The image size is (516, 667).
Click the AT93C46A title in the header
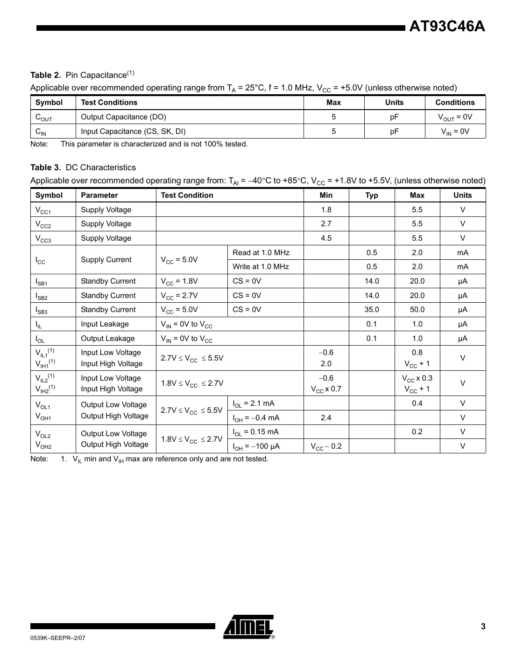coord(447,27)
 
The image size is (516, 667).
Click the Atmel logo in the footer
coord(248,626)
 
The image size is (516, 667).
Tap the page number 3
coord(483,626)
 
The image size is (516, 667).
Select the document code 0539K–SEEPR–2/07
coord(58,638)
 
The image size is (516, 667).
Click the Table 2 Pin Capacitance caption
coord(82,75)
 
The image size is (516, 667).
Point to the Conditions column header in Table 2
coord(454,103)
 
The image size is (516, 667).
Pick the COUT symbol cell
coord(44,118)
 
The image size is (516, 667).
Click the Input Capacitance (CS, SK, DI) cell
coord(133,132)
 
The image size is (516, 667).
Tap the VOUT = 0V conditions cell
coord(454,117)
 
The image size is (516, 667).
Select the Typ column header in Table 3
coord(371,195)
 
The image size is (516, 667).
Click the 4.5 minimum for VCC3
coord(326,238)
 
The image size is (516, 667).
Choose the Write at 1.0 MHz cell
coord(261,267)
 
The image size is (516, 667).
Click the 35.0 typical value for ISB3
coord(371,310)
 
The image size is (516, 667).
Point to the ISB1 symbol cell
coord(42,282)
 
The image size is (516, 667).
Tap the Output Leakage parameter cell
coord(107,339)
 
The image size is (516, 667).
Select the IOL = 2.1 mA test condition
coord(254,403)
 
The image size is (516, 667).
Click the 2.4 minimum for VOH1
coord(326,418)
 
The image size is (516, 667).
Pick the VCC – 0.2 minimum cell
coord(326,446)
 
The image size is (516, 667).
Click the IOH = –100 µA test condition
coord(256,446)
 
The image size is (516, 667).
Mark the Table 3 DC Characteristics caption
coord(83,167)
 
